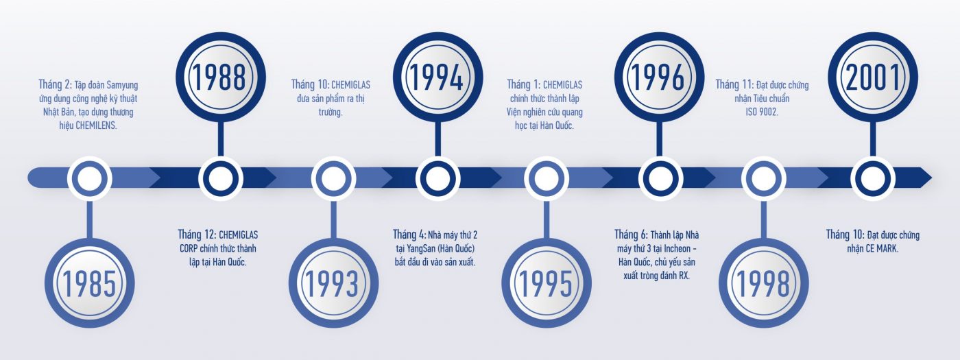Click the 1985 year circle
[90, 283]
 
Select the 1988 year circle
[221, 77]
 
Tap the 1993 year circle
[333, 283]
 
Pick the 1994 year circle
[438, 77]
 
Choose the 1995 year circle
[547, 283]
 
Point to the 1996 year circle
[659, 77]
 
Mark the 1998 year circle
[764, 283]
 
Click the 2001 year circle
[873, 77]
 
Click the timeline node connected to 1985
[90, 178]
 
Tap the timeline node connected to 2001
[873, 178]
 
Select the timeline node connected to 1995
[547, 178]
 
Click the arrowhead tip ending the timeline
[932, 178]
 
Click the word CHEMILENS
[96, 126]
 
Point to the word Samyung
[122, 85]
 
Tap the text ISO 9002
[762, 112]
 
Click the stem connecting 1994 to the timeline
[438, 139]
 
